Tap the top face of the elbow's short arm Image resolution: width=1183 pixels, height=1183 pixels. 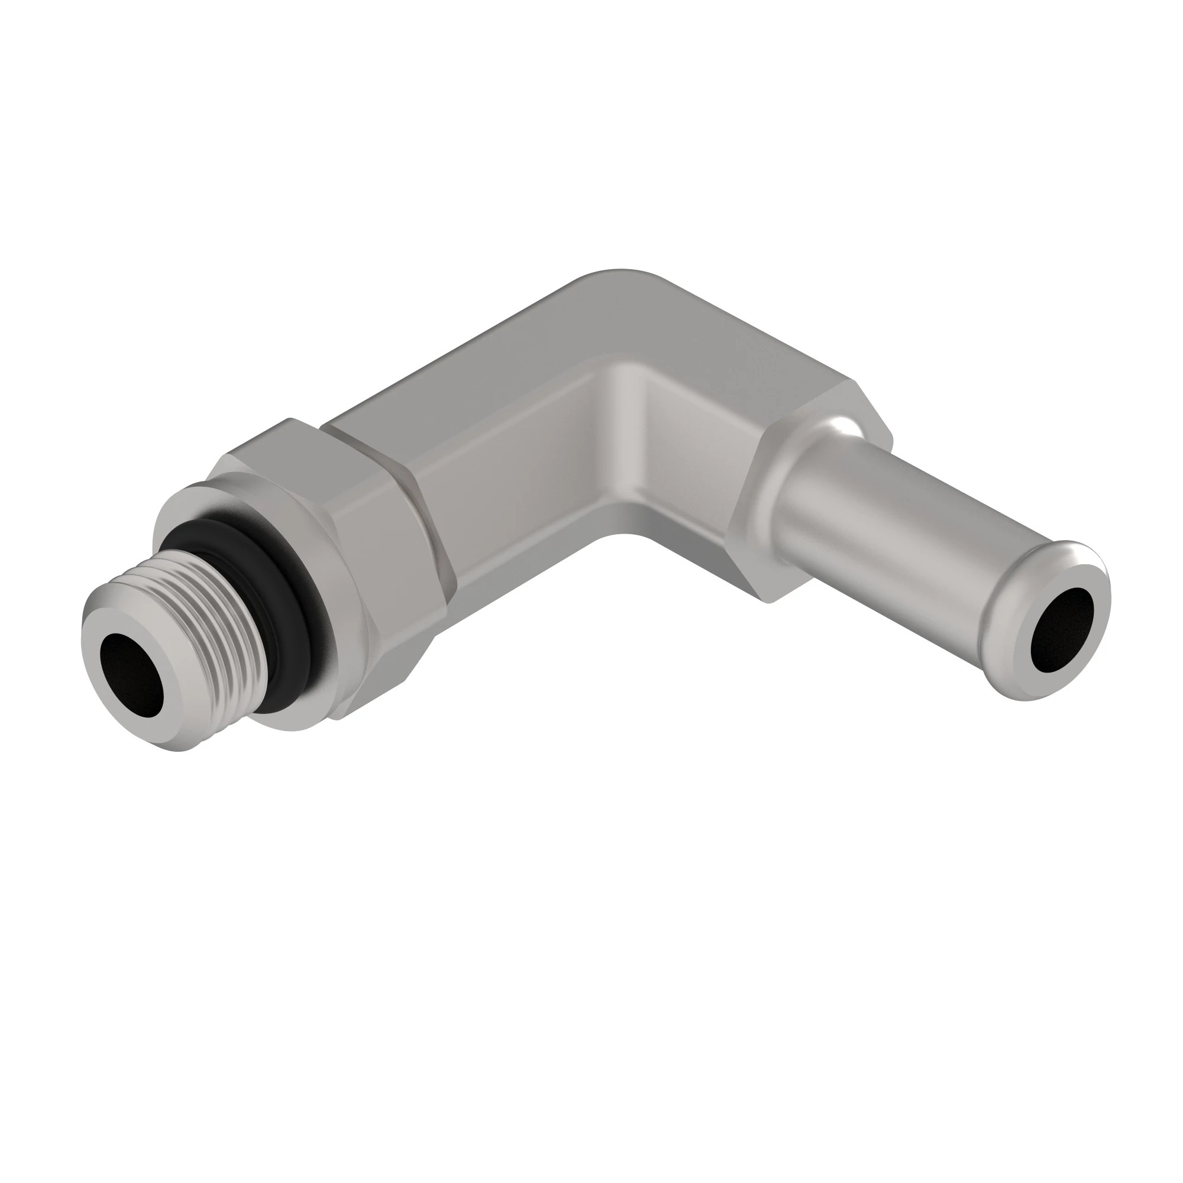tap(735, 343)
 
